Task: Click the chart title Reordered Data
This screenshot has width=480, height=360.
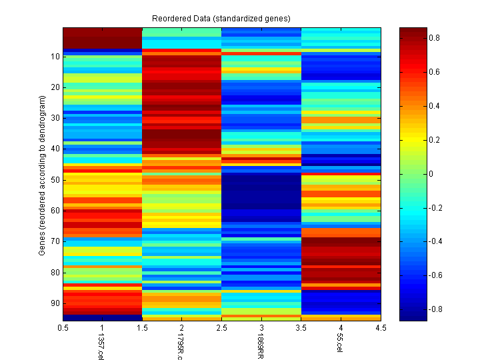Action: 221,17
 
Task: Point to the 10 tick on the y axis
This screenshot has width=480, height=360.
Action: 54,57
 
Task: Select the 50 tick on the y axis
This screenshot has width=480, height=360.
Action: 54,180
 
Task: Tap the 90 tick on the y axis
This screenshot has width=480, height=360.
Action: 54,303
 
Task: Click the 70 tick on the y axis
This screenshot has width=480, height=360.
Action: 54,241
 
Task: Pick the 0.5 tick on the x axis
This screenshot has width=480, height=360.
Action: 63,327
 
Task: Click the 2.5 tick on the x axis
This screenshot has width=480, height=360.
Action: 222,327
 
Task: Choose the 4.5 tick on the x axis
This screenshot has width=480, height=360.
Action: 381,327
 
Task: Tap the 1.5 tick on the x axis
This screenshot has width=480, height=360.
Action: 143,327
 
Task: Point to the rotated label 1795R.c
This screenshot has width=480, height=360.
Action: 179,347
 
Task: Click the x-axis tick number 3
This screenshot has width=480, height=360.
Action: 261,327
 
